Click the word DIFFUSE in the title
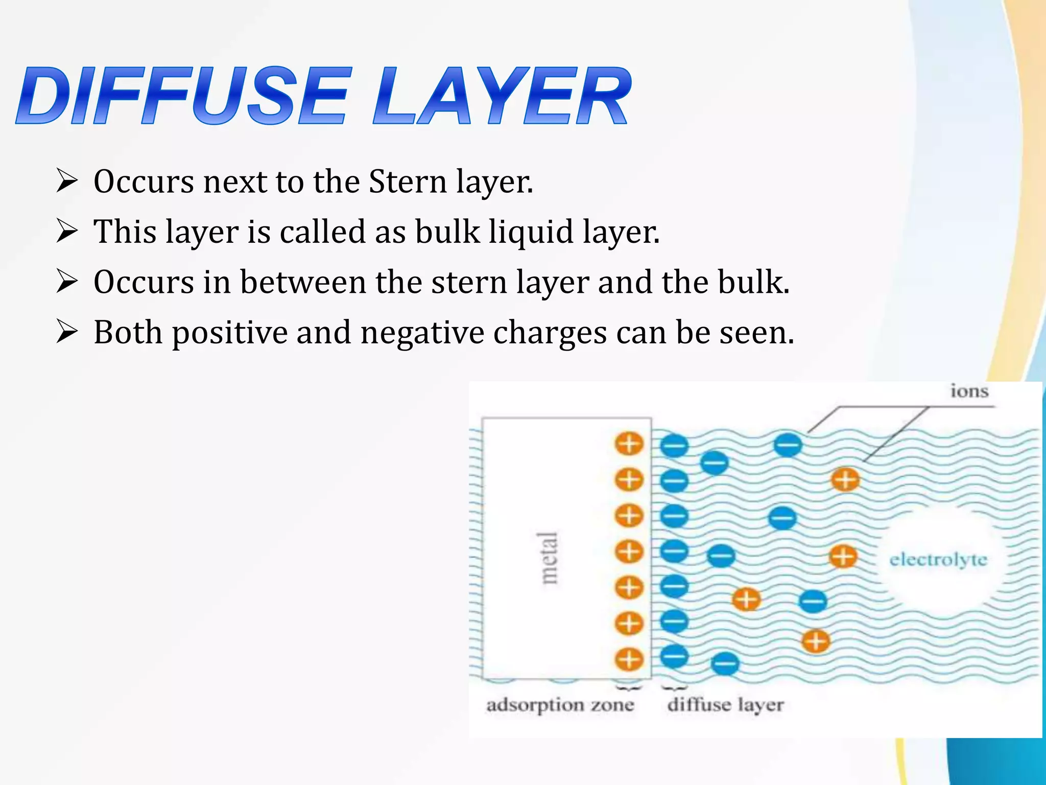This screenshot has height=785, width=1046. pyautogui.click(x=184, y=96)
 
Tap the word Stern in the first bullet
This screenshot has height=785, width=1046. pyautogui.click(x=407, y=181)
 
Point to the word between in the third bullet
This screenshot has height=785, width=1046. pyautogui.click(x=303, y=282)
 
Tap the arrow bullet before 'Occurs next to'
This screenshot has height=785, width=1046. pyautogui.click(x=67, y=181)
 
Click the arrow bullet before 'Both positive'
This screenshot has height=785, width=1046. pyautogui.click(x=67, y=332)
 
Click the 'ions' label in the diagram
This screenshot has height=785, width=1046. pyautogui.click(x=969, y=391)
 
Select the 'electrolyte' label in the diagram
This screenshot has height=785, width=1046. pyautogui.click(x=938, y=560)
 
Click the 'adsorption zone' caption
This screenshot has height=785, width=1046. pyautogui.click(x=560, y=705)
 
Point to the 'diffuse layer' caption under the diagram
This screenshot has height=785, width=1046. pyautogui.click(x=725, y=705)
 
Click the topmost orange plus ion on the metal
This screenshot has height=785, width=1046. pyautogui.click(x=629, y=444)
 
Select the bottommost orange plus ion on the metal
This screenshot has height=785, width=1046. pyautogui.click(x=629, y=659)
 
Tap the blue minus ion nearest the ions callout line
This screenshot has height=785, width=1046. pyautogui.click(x=788, y=445)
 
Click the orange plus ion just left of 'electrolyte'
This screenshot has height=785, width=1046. pyautogui.click(x=843, y=556)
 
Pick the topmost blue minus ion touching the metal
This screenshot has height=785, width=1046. pyautogui.click(x=674, y=446)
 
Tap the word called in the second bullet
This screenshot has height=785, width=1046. pyautogui.click(x=323, y=232)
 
